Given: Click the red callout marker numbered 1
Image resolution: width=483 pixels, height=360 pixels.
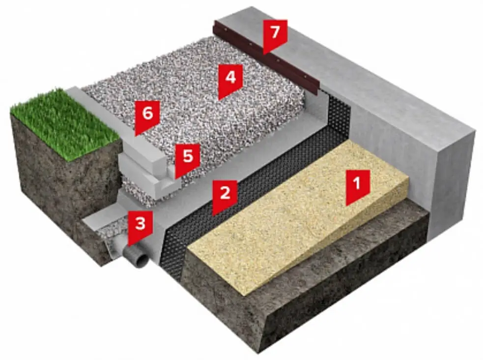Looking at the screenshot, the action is coord(357,186).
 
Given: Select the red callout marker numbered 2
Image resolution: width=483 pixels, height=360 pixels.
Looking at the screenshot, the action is coord(225,196).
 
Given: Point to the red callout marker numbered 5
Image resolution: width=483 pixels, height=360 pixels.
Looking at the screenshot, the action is coord(188,159).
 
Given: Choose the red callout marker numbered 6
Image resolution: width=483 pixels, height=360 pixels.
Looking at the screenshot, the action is coord(147,117).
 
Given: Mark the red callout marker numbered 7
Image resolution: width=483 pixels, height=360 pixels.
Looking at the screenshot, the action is coord(275,36).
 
